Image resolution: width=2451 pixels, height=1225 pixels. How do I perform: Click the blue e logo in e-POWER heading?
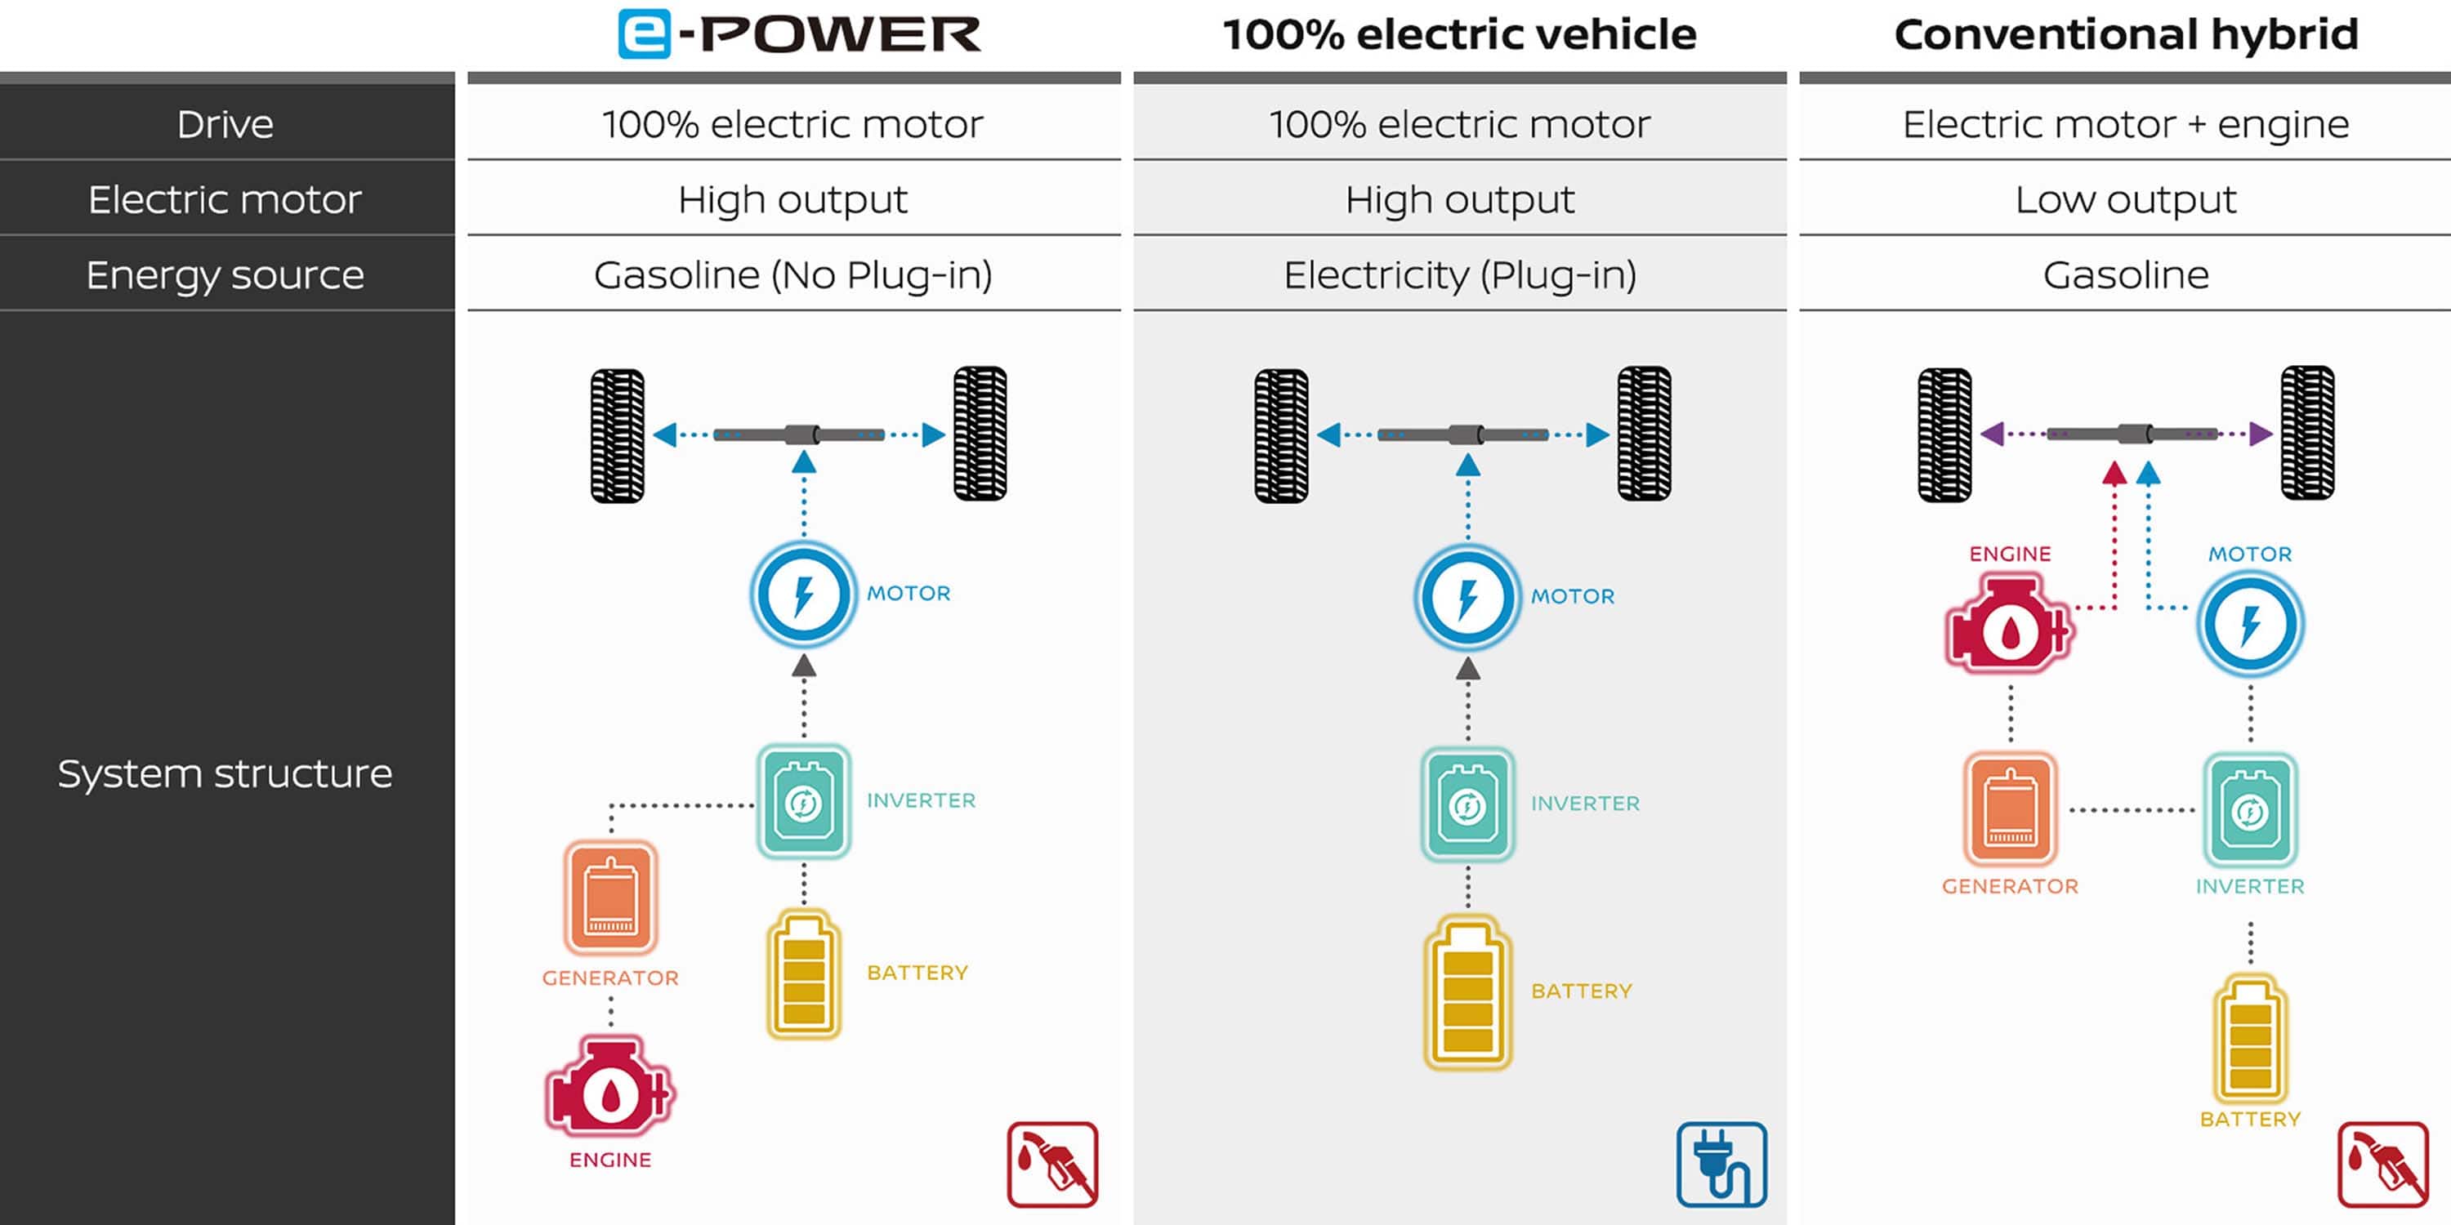click(x=644, y=34)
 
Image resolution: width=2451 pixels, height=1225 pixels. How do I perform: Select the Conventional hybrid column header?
click(x=2126, y=34)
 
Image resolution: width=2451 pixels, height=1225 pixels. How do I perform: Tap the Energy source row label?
click(x=225, y=275)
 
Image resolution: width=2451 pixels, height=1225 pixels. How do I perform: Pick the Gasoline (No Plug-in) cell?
click(x=792, y=275)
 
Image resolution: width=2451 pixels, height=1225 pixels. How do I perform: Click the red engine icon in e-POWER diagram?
click(x=609, y=1088)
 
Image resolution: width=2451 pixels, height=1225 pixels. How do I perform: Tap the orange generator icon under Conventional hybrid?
click(x=2010, y=809)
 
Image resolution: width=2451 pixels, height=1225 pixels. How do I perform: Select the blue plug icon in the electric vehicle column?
click(x=1721, y=1164)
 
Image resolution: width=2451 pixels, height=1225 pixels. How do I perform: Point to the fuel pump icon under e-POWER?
click(x=1052, y=1164)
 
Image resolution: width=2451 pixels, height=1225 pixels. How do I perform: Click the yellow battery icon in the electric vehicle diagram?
click(x=1467, y=992)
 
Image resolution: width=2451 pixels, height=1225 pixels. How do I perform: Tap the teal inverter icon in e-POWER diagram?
click(x=804, y=802)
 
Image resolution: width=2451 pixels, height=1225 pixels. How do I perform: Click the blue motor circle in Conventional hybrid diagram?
click(x=2249, y=624)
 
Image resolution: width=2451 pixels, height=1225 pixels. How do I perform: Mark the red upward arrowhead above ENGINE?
click(x=2114, y=473)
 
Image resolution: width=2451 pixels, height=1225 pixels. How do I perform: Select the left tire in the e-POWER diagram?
click(x=618, y=434)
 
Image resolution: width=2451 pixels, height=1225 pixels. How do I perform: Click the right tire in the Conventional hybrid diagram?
click(x=2306, y=433)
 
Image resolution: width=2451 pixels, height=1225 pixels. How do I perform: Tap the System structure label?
click(x=225, y=773)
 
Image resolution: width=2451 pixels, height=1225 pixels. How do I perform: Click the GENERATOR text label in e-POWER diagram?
click(x=610, y=978)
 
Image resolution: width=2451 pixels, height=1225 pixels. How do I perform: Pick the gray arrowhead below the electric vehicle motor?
click(x=1467, y=669)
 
